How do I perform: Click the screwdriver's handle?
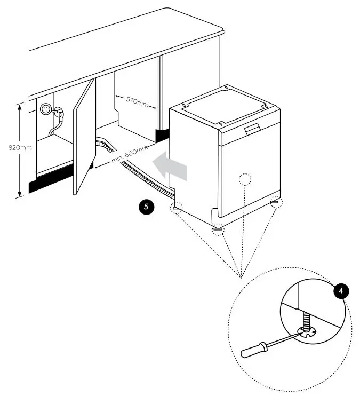254,350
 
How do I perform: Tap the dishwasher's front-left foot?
218,229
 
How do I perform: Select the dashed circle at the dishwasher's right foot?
276,201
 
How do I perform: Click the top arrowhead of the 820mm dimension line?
20,106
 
